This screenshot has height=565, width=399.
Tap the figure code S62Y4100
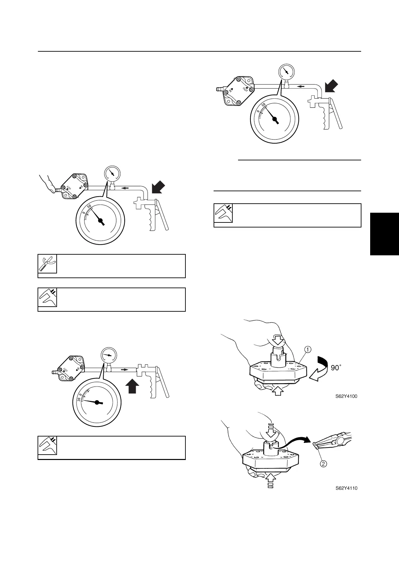346,396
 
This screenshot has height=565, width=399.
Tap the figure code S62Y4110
346,488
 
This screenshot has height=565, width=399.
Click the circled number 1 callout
307,350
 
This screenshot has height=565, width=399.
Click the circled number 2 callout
323,464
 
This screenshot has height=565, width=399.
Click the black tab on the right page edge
384,234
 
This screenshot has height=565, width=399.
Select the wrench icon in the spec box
47,264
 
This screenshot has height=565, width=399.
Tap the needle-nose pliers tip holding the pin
316,444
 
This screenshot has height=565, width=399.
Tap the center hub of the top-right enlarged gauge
275,119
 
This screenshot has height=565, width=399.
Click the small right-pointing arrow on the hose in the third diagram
125,370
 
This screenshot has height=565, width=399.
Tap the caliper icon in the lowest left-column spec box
47,446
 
